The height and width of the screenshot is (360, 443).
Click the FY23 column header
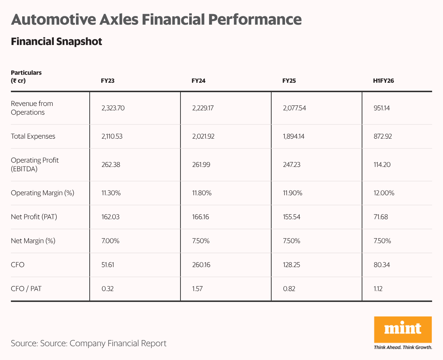[107, 81]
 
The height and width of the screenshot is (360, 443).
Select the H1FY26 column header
[383, 81]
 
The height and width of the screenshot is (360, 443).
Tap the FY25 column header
[289, 81]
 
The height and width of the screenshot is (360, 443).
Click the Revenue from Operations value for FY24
[203, 108]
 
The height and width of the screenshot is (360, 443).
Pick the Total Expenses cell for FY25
[294, 136]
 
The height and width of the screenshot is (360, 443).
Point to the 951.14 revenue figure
[382, 108]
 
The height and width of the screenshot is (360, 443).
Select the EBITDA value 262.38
[111, 165]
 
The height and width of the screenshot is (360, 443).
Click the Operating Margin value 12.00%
[384, 193]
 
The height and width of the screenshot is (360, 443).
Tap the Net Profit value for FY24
[200, 217]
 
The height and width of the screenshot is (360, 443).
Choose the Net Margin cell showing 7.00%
[110, 241]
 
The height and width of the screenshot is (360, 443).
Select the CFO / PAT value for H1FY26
[378, 289]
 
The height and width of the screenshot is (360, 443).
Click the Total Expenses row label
[33, 136]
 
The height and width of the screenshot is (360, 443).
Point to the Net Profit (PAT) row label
[34, 217]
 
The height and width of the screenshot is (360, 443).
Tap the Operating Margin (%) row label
[42, 193]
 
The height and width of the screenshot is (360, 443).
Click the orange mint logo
[403, 330]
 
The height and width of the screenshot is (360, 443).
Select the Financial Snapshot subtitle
[56, 41]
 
